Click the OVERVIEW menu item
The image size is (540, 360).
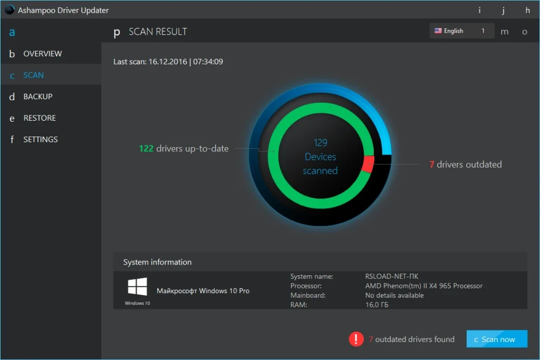[x=42, y=54]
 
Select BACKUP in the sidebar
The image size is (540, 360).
[x=37, y=96]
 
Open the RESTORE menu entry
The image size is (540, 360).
[x=39, y=118]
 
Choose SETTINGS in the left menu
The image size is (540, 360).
[x=40, y=140]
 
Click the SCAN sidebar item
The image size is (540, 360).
[x=33, y=75]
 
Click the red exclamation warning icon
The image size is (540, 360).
[x=356, y=339]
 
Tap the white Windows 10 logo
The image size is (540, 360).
[x=137, y=287]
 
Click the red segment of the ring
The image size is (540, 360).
[x=368, y=164]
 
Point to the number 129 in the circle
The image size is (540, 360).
[x=320, y=143]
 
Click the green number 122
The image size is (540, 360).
[x=146, y=149]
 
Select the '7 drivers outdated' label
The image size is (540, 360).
[x=466, y=164]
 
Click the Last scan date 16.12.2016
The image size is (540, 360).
[x=168, y=62]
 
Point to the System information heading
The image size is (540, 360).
[x=157, y=262]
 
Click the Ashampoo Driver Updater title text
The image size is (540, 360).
[x=63, y=10]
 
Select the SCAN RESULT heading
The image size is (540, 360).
[x=158, y=32]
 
